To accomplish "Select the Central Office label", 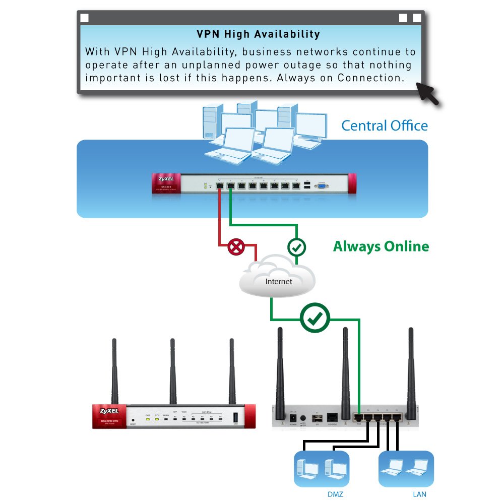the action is [x=384, y=125].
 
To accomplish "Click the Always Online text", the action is [x=381, y=246].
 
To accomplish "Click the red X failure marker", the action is [x=236, y=247].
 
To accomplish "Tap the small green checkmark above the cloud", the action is [x=296, y=247].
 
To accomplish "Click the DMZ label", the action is [x=335, y=494].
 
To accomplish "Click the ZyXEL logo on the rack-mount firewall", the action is [x=166, y=179].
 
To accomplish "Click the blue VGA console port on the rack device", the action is [x=321, y=186].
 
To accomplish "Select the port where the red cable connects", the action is [x=220, y=185].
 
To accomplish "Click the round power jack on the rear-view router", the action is [x=303, y=418].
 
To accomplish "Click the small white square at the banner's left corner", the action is [x=84, y=18].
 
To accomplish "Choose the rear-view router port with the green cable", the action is [x=358, y=417].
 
